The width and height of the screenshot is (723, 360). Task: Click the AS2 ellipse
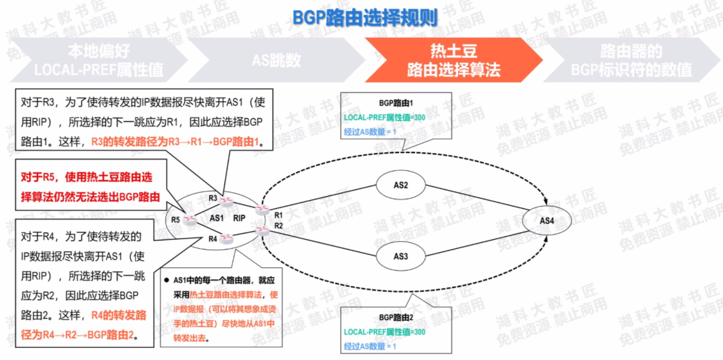pyautogui.click(x=401, y=184)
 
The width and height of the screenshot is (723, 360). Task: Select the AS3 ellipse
pyautogui.click(x=401, y=256)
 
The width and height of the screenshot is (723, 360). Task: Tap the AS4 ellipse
pyautogui.click(x=547, y=221)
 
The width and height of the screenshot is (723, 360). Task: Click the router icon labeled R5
pyautogui.click(x=190, y=219)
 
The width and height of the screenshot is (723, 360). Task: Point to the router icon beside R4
pyautogui.click(x=226, y=239)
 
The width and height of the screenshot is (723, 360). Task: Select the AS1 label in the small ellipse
pyautogui.click(x=216, y=218)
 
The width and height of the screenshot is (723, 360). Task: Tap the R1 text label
pyautogui.click(x=279, y=215)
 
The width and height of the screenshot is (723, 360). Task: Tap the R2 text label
pyautogui.click(x=279, y=226)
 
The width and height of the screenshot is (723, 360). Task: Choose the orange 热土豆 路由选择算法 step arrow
pyautogui.click(x=453, y=60)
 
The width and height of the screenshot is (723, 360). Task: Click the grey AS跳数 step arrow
pyautogui.click(x=276, y=60)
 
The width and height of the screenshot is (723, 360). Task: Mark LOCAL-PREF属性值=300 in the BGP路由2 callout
pyautogui.click(x=384, y=332)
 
